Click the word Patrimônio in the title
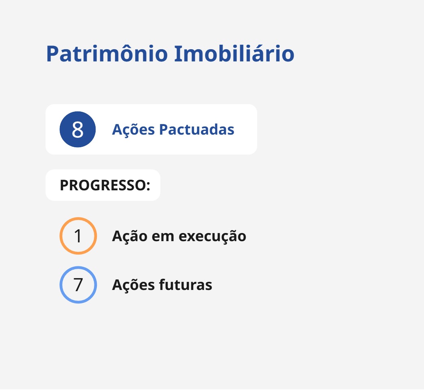pos(107,54)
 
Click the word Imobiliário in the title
pos(234,53)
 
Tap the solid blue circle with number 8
pos(78,129)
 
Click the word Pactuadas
pos(197,129)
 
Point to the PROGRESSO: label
pos(105,185)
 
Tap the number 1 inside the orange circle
pos(78,236)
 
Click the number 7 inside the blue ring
pos(78,285)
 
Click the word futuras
pos(186,285)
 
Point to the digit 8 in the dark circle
pos(78,130)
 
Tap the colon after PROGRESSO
pos(148,186)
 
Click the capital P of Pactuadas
pos(164,130)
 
